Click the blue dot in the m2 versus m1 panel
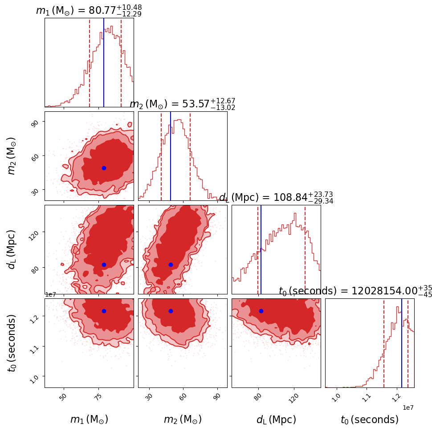pos(104,168)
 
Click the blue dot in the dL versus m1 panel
pos(104,265)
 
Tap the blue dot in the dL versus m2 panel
pos(171,265)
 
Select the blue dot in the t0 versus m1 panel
pos(104,311)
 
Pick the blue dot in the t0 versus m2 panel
pos(171,311)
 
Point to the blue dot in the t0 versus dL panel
pos(261,311)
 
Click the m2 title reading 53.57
pos(182,104)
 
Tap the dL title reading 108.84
pos(276,198)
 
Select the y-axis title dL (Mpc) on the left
pos(12,249)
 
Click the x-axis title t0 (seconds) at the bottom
pos(369,420)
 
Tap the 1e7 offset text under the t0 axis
pos(408,408)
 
